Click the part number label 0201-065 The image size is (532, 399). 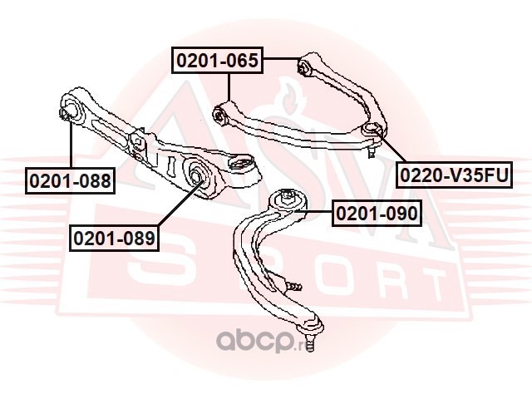(x=219, y=60)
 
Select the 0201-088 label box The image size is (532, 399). (x=69, y=180)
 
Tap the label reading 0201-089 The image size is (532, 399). (x=114, y=239)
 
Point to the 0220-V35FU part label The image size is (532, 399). (x=452, y=175)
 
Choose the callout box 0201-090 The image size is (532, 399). (x=377, y=214)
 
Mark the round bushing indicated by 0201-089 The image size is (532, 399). (x=198, y=174)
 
